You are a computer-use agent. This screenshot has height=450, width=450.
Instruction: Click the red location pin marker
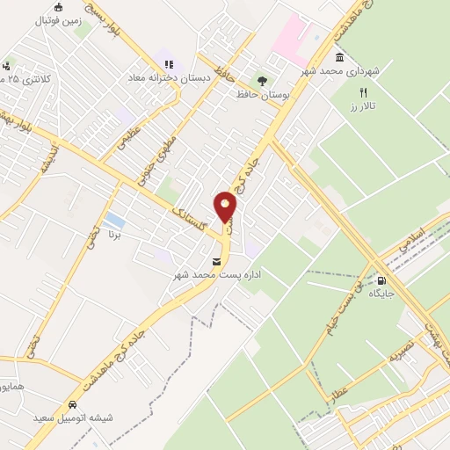226,207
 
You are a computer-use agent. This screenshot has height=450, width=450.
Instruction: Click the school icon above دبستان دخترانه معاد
169,63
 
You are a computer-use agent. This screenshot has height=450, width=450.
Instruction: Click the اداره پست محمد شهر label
216,275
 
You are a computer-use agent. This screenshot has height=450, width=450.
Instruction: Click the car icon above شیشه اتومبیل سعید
72,405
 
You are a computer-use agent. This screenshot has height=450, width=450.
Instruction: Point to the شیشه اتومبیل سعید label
73,418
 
